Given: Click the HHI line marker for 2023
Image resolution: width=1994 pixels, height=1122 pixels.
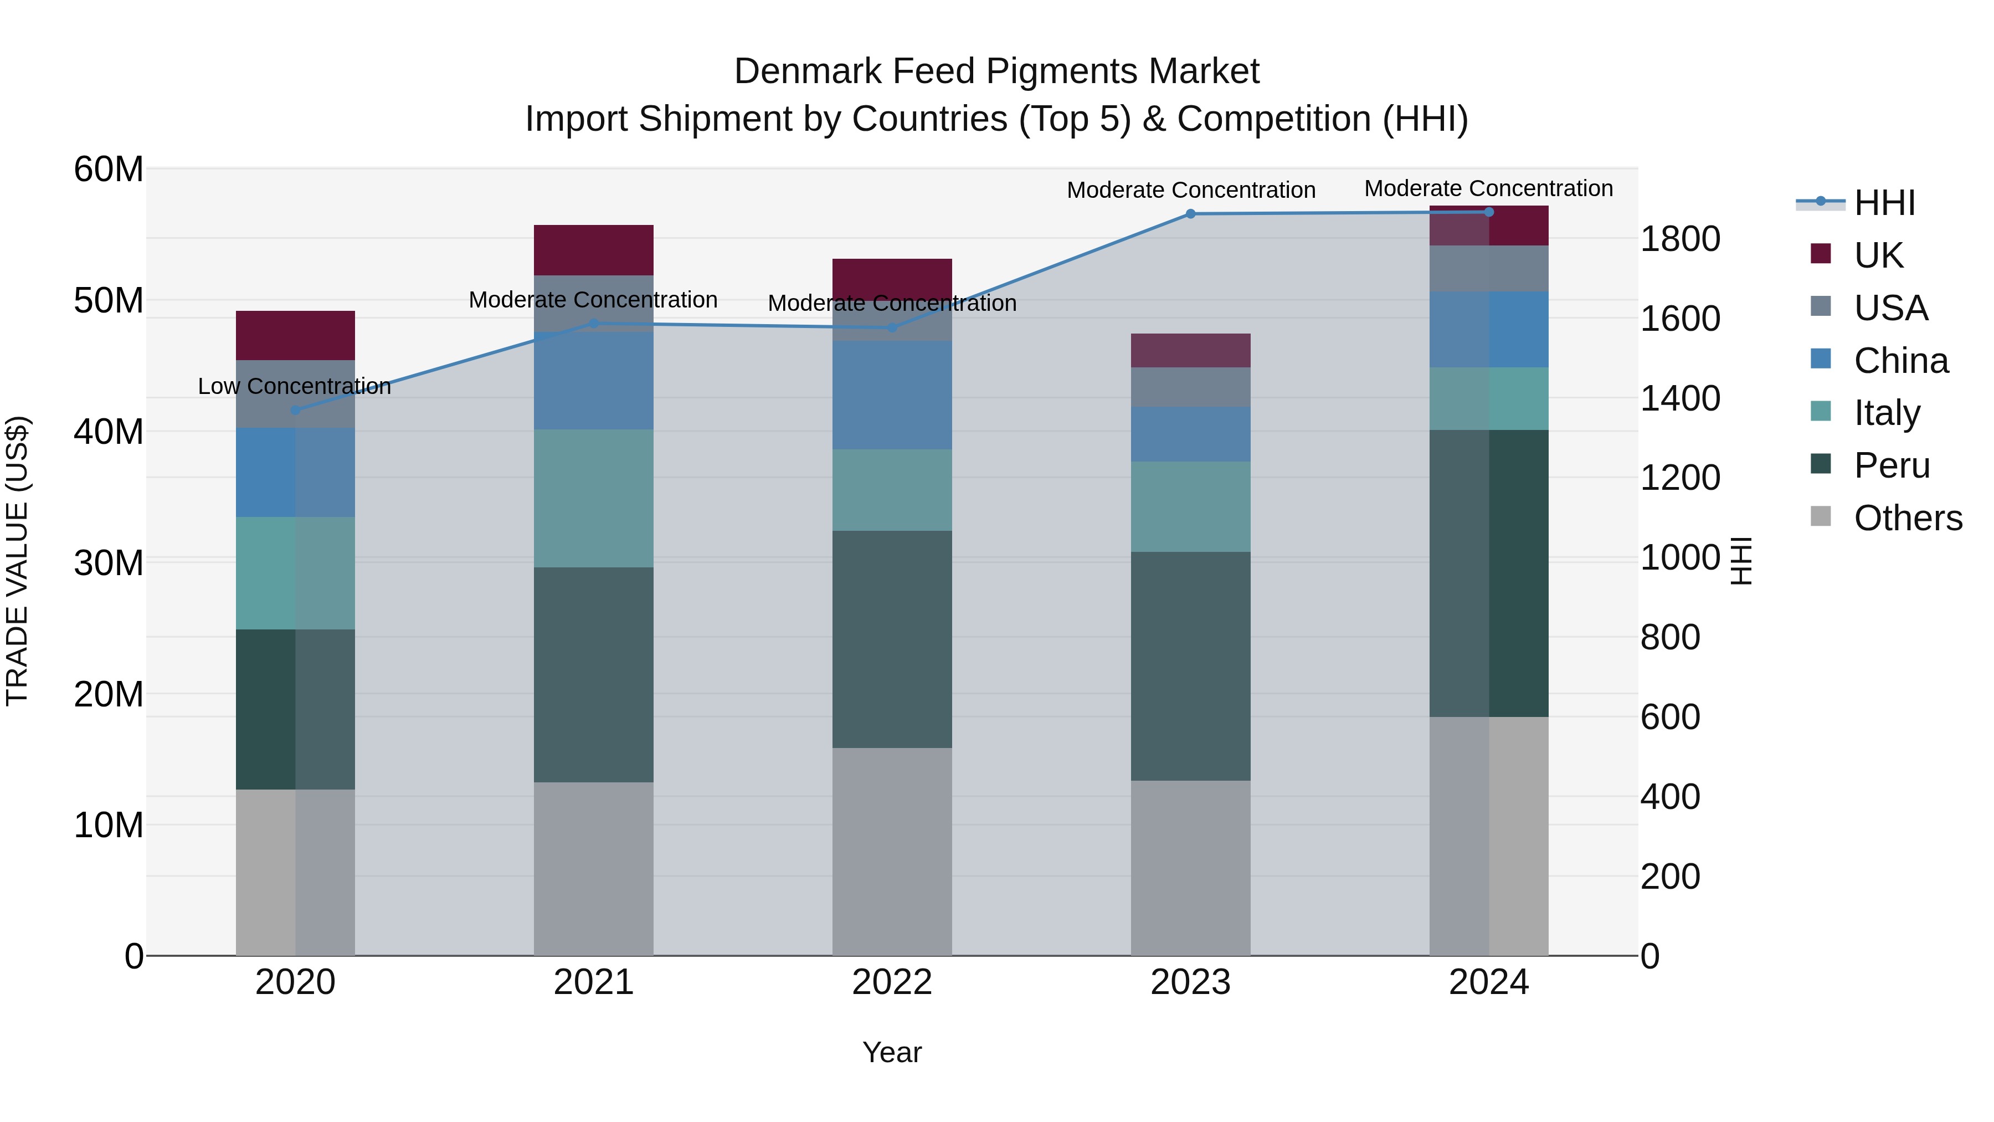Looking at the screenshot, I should [1190, 214].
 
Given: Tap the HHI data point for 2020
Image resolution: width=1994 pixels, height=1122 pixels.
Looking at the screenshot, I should [295, 409].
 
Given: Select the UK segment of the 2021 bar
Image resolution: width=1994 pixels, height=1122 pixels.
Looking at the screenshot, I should [594, 249].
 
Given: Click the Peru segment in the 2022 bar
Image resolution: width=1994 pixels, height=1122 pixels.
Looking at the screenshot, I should [892, 639].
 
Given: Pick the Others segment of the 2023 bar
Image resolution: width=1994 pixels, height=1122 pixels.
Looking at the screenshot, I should [1190, 867].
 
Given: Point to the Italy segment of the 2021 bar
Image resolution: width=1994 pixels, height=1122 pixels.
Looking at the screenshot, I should [594, 498].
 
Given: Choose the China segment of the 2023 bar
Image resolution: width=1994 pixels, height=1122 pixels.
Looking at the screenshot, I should [1190, 434].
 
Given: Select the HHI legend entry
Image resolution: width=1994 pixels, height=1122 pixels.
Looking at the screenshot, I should [1884, 203].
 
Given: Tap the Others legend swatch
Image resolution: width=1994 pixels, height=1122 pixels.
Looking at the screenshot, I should [1821, 516].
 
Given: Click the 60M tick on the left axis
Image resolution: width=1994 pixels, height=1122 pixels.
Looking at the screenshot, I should [109, 169].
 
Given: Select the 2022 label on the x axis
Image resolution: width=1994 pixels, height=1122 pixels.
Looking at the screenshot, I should [892, 982].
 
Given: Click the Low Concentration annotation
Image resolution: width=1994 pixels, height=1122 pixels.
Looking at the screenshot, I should [294, 386].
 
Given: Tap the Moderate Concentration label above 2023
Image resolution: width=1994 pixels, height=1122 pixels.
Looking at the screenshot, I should [1190, 189].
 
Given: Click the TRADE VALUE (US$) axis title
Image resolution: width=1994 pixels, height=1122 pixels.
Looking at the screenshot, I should [17, 561].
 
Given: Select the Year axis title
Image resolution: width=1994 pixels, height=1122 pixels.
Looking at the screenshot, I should [892, 1052].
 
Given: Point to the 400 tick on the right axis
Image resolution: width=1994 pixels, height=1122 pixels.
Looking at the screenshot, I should [1671, 796].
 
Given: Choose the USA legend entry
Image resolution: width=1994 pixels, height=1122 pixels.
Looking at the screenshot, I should [1890, 308].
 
